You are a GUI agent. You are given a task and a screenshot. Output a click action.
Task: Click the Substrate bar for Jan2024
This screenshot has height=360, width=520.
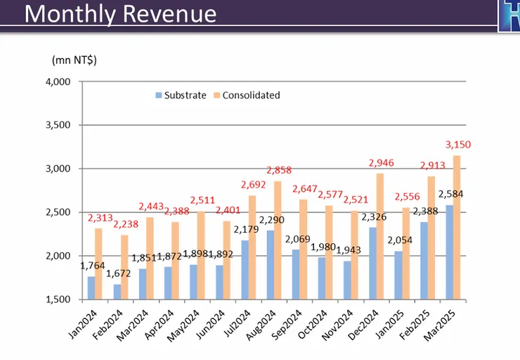(x=91, y=288)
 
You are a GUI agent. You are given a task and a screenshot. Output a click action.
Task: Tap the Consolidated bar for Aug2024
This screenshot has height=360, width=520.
(x=278, y=240)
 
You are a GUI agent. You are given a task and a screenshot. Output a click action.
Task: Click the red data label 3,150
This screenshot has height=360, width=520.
(x=458, y=145)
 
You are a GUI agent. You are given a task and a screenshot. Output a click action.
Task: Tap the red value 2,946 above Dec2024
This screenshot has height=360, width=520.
(x=381, y=163)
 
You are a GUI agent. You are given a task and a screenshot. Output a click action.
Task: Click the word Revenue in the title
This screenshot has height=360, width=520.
(x=164, y=14)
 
